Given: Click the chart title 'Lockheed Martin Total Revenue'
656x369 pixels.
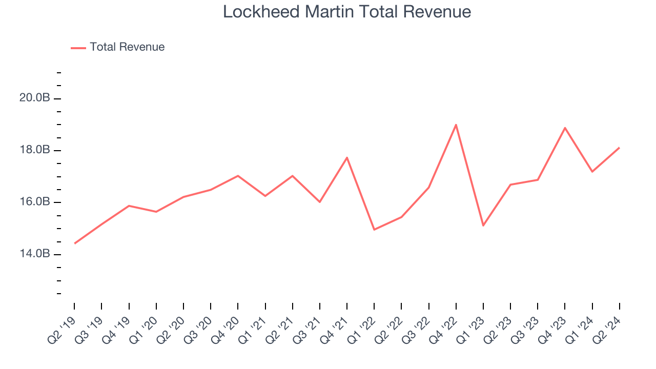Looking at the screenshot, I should pos(346,12).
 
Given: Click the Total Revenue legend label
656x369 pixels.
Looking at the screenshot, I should pos(127,47).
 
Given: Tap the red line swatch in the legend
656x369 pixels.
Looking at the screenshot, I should pos(78,48).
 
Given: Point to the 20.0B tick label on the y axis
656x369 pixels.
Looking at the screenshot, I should pos(35,98).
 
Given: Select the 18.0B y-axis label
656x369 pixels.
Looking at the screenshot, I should pos(35,150).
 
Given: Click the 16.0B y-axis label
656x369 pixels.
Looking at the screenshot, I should pos(35,202).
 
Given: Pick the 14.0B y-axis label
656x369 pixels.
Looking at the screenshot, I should pos(35,254).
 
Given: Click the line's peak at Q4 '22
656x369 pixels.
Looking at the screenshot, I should pos(456,125).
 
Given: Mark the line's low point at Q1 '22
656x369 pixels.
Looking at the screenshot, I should pos(374,230).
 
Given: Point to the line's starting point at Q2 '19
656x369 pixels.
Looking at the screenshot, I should pos(75,243).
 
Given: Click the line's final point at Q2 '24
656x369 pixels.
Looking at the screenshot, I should pos(619,148).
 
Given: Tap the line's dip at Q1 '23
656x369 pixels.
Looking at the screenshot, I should pos(483,225).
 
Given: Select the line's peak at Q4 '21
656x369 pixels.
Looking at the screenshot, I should pos(347,157).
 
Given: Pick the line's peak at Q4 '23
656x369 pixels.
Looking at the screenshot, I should pos(565,128).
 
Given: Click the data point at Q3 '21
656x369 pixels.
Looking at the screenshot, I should pos(320,202).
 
